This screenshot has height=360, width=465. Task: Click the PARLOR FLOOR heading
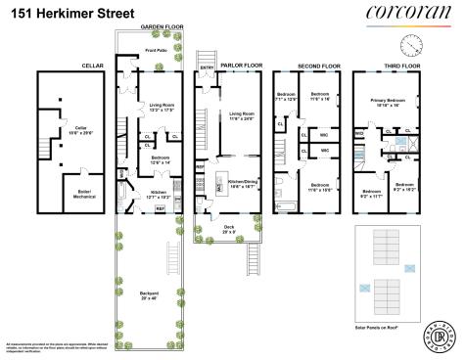[x=241, y=66]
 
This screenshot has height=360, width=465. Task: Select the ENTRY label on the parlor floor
[x=207, y=67]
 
